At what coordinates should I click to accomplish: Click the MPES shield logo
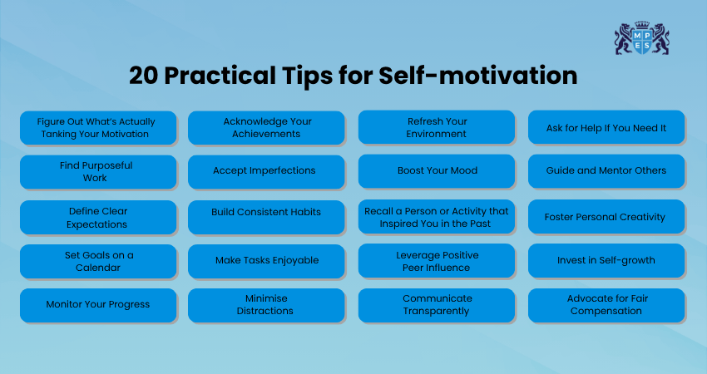[641, 38]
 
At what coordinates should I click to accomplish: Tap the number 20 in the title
[143, 76]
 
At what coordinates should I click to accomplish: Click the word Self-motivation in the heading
[478, 76]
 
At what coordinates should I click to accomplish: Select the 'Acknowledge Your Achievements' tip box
[266, 128]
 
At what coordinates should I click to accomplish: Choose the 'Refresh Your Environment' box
[437, 127]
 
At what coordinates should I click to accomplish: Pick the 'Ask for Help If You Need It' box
[606, 127]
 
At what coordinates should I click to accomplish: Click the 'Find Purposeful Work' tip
[98, 172]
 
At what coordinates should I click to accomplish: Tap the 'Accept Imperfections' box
[266, 172]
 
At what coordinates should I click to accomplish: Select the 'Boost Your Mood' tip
[437, 171]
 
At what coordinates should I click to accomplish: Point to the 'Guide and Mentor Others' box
[606, 171]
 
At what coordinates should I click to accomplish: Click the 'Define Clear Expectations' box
[98, 218]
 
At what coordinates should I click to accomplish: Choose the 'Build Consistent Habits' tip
[266, 218]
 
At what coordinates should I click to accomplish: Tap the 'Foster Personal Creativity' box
[606, 217]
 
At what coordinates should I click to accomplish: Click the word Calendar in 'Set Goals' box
[98, 268]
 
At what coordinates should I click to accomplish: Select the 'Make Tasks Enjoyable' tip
[266, 261]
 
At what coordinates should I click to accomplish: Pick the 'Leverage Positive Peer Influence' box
[437, 261]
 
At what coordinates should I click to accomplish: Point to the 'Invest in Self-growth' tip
[606, 261]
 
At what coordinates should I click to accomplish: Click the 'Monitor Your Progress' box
[98, 306]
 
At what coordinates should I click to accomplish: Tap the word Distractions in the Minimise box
[265, 311]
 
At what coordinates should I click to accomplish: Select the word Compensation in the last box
[606, 311]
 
